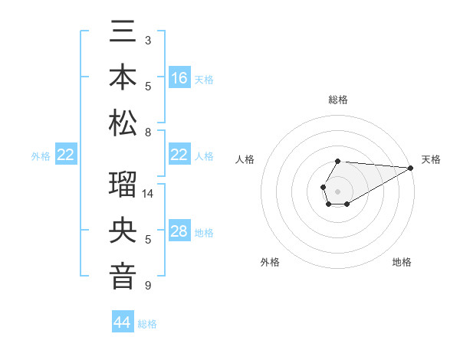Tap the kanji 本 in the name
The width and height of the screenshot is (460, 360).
point(123,78)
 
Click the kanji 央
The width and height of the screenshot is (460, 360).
point(123,232)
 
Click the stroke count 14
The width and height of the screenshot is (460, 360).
point(149,195)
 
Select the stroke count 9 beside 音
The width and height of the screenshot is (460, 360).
point(148,286)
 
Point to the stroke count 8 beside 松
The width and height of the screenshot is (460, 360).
point(148,132)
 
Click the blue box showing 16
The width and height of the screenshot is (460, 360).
point(179,78)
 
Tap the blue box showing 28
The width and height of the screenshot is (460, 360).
point(179,231)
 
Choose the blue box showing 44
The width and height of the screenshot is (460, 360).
point(123,322)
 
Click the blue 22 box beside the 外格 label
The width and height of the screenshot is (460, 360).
point(66,155)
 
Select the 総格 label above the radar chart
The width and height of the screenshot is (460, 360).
point(338,100)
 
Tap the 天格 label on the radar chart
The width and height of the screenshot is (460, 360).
point(431,159)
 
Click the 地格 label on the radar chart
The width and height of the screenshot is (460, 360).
point(402,262)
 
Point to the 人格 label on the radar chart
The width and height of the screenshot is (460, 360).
point(245,159)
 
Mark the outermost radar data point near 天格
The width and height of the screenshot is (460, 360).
point(410,168)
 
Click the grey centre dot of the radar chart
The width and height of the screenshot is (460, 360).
point(337,191)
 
